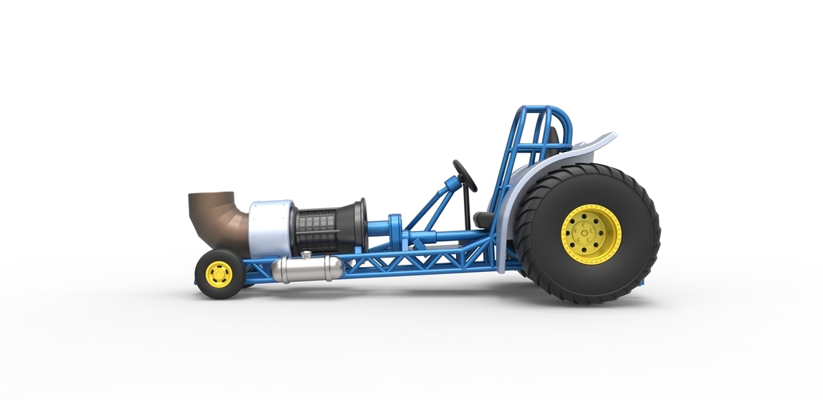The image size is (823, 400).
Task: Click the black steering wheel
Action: coord(464,175)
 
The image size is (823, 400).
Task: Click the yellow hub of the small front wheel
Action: coord(218,274)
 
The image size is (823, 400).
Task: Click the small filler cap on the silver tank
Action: coord(305,255)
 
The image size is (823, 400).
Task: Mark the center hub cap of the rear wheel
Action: coord(591,234)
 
